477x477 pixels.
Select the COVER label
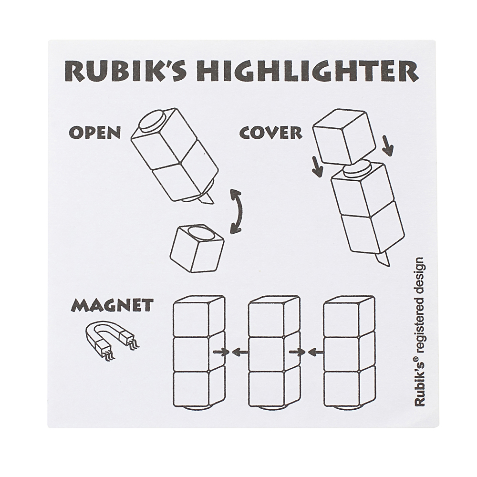point(270,132)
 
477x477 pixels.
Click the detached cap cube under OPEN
point(197,248)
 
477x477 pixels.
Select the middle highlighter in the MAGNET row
point(274,353)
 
